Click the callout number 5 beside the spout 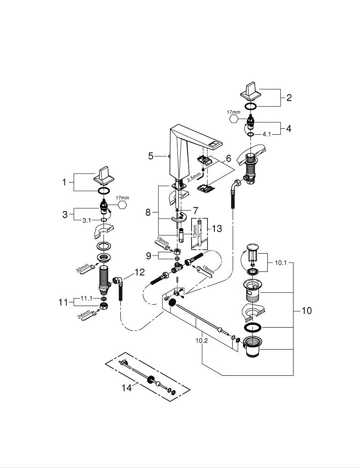151,156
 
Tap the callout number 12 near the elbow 140,273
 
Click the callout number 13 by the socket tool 217,228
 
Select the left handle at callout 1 101,175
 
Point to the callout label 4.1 266,134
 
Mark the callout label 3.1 87,219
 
